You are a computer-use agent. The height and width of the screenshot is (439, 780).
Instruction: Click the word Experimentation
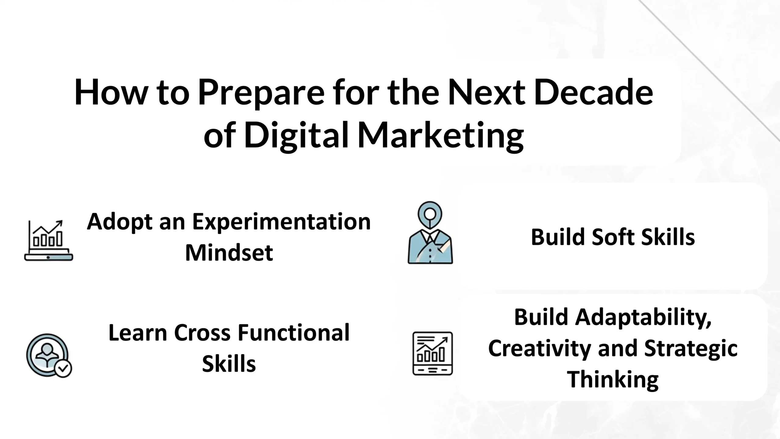point(282,222)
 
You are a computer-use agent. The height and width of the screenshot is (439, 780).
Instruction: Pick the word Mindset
point(229,253)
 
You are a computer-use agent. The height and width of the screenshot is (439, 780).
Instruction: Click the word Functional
point(293,333)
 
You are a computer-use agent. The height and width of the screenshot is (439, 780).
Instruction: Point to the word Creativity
point(540,348)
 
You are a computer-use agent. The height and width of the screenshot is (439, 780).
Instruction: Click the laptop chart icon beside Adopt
point(49,241)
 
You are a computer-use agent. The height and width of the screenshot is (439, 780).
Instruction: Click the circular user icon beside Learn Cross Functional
point(47,355)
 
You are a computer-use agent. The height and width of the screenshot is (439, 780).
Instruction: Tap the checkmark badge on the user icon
point(63,369)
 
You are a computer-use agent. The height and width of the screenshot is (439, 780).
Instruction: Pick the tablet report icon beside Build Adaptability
point(432,353)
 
